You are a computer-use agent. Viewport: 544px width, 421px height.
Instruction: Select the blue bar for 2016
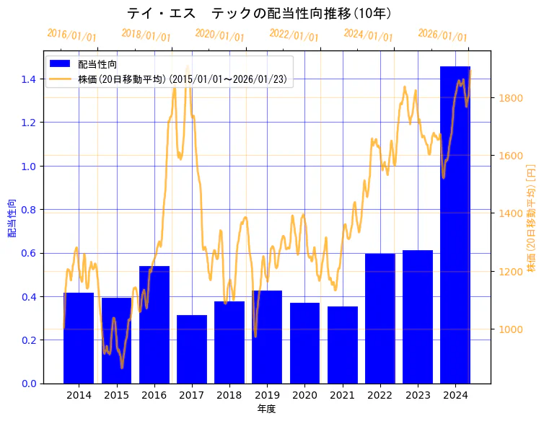154,324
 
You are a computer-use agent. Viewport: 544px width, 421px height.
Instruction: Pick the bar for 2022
380,318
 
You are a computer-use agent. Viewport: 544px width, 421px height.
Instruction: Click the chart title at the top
259,13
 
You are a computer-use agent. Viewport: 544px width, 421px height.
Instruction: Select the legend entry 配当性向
98,64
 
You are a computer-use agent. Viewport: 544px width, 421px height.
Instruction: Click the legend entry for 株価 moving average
185,79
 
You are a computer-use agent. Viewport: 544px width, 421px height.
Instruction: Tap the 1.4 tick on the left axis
29,79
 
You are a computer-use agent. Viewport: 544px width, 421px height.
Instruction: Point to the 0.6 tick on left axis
29,253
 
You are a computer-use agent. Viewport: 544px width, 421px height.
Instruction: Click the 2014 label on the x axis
79,396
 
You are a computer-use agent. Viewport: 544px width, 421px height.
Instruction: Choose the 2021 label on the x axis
342,396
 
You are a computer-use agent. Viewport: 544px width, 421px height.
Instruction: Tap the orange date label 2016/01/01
71,35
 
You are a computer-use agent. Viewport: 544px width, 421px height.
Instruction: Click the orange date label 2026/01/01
442,35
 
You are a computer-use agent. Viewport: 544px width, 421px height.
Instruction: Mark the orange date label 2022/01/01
294,35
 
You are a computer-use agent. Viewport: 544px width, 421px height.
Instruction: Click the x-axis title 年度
267,409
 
